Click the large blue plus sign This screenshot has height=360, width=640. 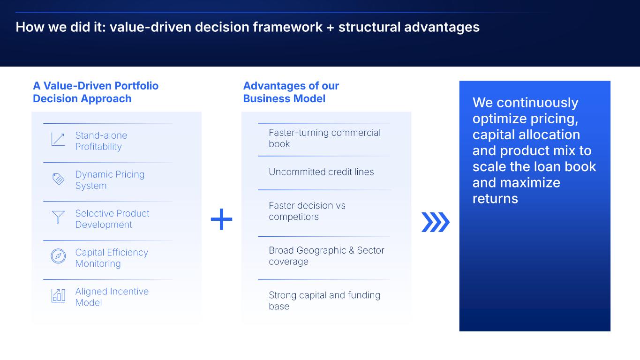point(221,219)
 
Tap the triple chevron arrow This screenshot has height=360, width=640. point(436,222)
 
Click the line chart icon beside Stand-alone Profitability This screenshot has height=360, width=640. point(58,139)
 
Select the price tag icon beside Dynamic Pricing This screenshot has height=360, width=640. point(58,179)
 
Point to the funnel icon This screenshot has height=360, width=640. point(58,217)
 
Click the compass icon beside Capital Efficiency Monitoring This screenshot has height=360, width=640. point(58,256)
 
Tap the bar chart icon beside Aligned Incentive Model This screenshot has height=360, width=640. point(58,295)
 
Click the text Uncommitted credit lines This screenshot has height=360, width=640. point(321,172)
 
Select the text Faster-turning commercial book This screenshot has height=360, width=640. point(324,138)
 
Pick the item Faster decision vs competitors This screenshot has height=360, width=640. point(307,211)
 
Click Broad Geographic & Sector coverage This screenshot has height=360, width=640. point(326,256)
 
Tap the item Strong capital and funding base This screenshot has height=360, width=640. point(324,300)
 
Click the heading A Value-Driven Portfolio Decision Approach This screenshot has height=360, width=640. point(96,92)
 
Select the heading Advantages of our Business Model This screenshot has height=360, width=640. point(291,92)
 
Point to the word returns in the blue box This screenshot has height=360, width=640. point(495,199)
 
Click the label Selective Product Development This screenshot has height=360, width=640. point(112,219)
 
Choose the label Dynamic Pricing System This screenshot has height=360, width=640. point(110,180)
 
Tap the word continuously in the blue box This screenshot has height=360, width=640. point(537,103)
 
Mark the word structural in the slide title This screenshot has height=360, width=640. point(369,27)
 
